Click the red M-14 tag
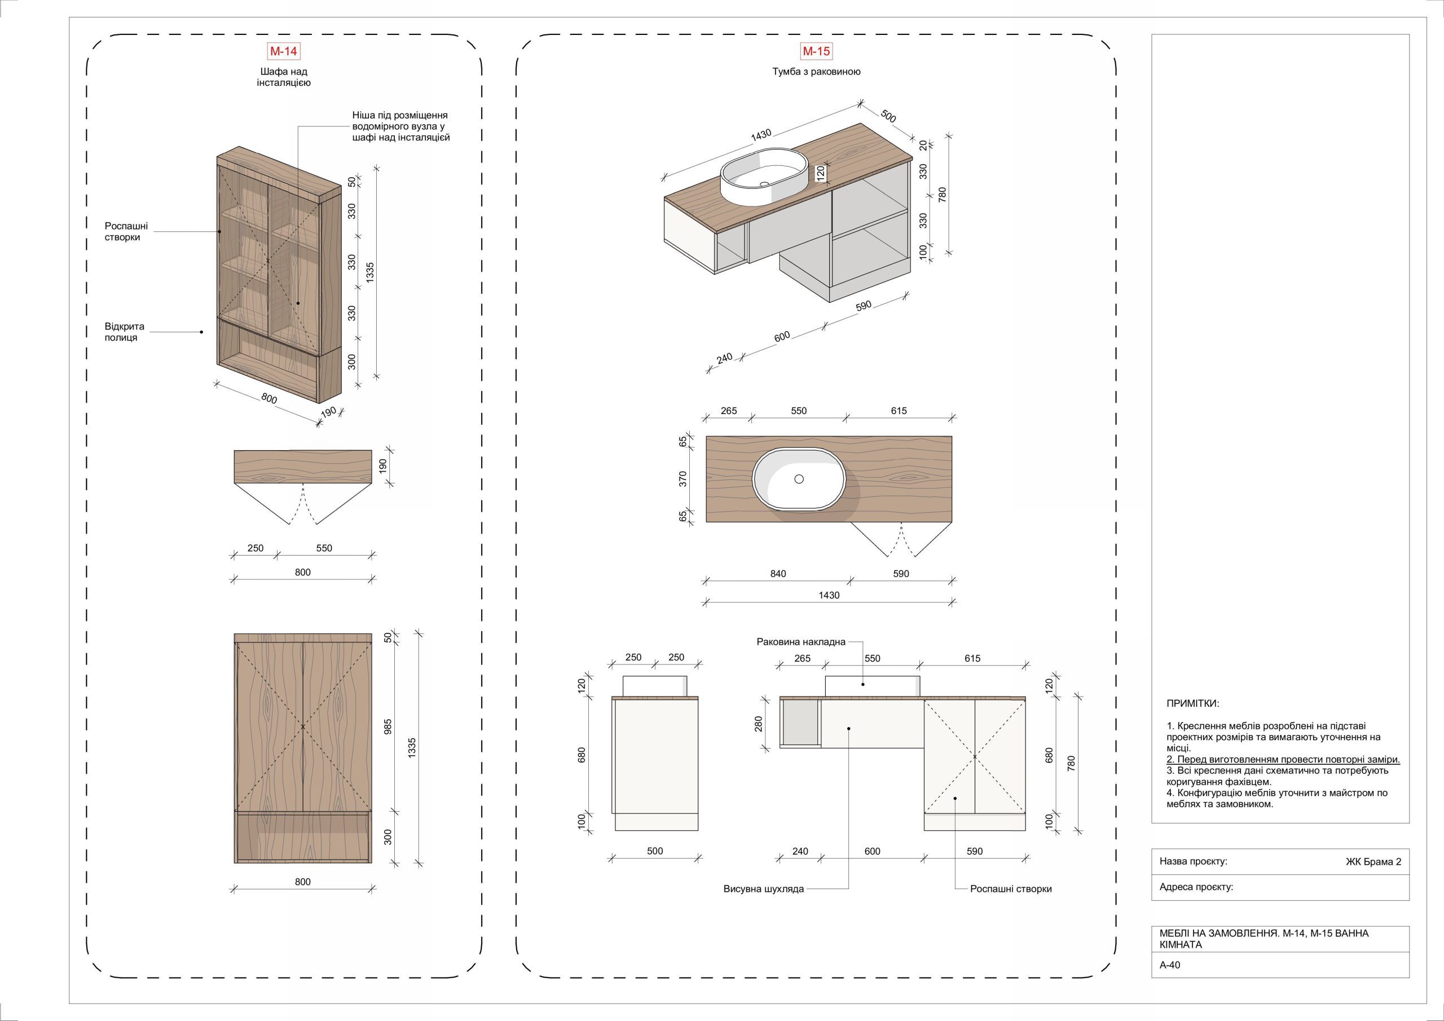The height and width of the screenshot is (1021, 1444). point(283,51)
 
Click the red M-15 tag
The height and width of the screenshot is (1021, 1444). point(816,51)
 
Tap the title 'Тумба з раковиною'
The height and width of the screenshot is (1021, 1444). point(816,72)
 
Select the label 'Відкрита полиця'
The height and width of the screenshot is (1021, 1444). point(125,332)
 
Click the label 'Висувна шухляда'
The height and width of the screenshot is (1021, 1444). point(764,889)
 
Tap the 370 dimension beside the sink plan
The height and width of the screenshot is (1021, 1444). point(683,479)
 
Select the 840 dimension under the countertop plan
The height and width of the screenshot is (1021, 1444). point(778,573)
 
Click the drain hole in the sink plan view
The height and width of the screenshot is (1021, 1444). point(799,479)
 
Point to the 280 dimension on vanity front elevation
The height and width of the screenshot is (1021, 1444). point(759,724)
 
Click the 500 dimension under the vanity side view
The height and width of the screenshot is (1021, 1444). point(655,851)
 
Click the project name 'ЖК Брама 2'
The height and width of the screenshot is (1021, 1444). point(1373,862)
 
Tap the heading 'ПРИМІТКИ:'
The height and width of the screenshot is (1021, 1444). point(1192,703)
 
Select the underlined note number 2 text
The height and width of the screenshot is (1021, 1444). point(1283,760)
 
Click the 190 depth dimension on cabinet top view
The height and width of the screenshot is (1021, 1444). point(382,467)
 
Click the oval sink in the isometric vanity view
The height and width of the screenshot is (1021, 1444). point(765,177)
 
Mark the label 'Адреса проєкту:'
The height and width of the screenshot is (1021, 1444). point(1196,887)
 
